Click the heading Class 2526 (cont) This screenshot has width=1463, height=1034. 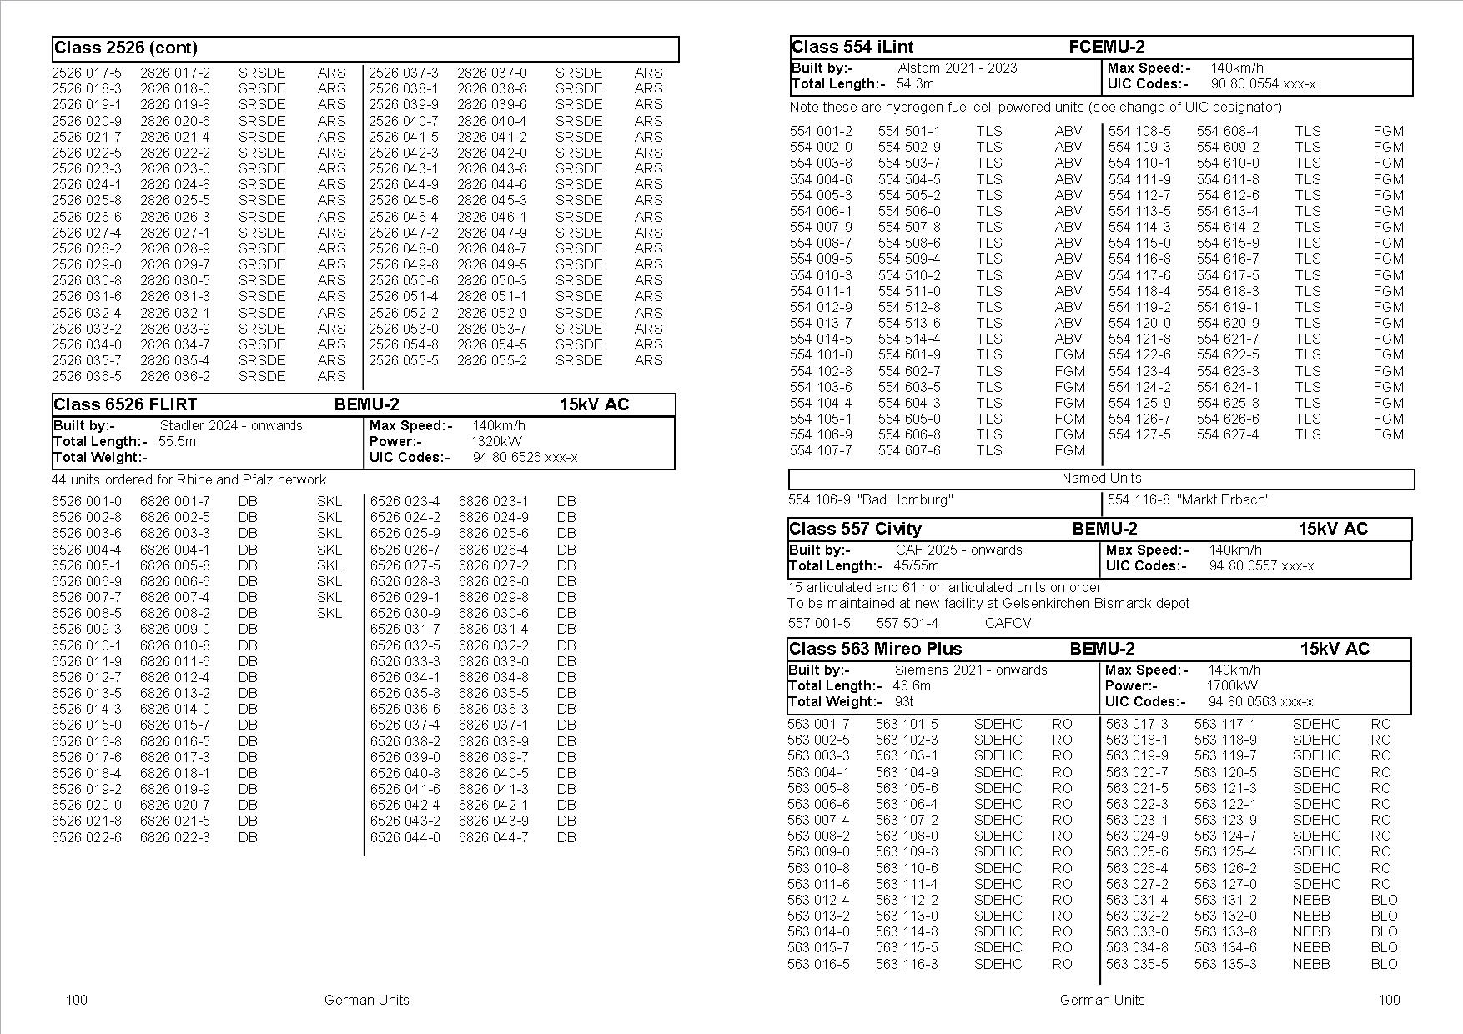[x=126, y=48]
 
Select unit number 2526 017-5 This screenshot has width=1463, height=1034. [x=87, y=73]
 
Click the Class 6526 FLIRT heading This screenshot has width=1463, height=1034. [x=125, y=405]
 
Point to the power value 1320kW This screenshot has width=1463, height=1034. [x=496, y=441]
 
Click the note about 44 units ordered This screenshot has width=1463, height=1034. [x=189, y=479]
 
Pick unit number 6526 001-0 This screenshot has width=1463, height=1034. [x=87, y=501]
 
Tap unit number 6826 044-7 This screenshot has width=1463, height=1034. [x=493, y=837]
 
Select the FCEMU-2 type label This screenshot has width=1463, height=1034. [x=1106, y=48]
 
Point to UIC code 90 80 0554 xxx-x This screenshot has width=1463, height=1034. [x=1263, y=83]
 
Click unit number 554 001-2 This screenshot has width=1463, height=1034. [x=821, y=131]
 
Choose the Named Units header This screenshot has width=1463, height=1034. [x=1101, y=479]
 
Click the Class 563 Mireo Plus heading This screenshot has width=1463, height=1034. [x=875, y=649]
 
